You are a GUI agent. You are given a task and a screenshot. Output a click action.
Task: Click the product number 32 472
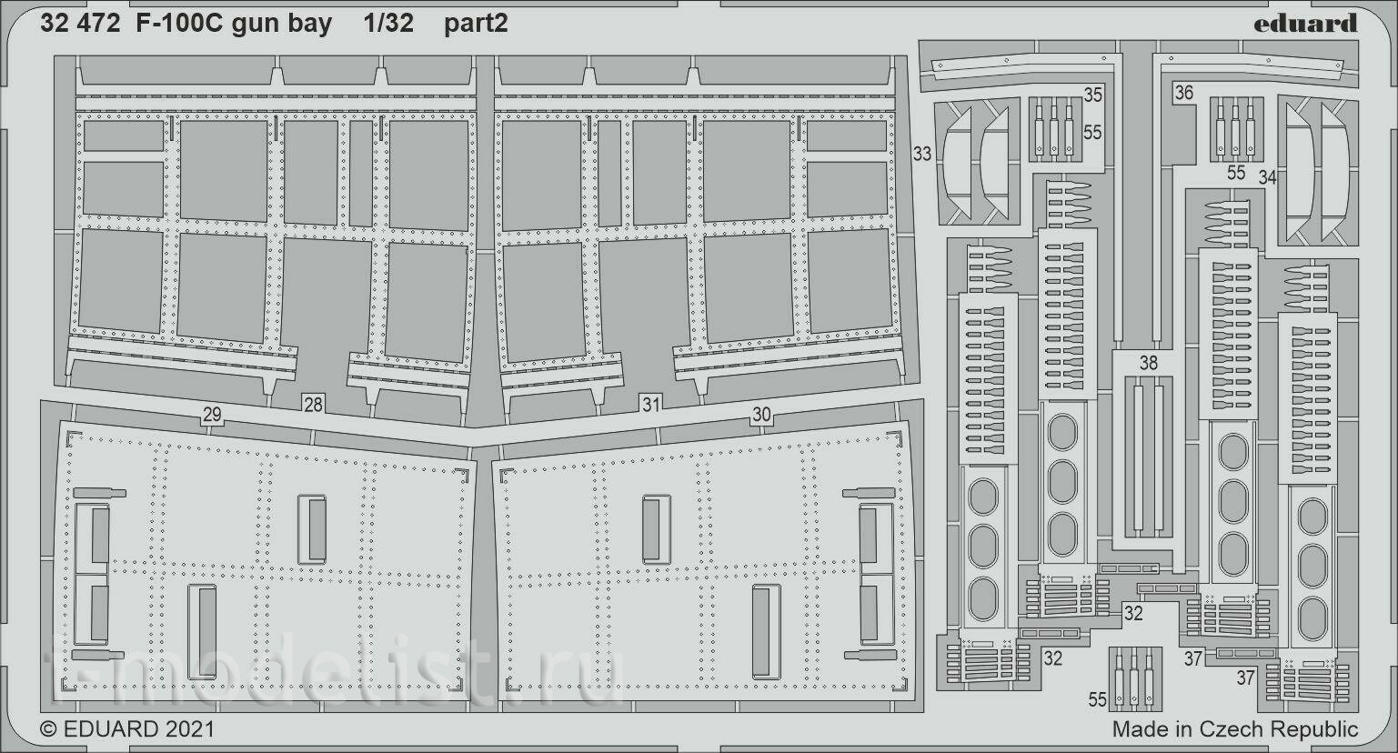pos(80,24)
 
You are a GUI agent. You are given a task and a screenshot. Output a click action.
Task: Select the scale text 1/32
pos(388,24)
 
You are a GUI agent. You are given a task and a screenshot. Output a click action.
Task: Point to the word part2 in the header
pos(476,25)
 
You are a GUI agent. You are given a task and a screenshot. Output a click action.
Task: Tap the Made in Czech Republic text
pos(1235,728)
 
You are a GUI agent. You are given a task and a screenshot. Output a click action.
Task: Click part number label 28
pos(313,405)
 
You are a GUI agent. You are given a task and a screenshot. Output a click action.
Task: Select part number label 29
pos(212,415)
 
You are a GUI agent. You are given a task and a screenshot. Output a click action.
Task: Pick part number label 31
pos(651,405)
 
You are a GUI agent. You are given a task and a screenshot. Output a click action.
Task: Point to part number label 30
pos(761,415)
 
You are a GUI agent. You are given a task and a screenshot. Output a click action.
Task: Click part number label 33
pos(921,154)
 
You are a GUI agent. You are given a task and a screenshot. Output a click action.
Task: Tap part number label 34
pos(1267,178)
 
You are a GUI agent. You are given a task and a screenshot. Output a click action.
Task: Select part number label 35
pos(1092,95)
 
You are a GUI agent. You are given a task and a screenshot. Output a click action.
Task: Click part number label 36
pos(1184,93)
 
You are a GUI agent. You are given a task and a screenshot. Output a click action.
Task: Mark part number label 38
pos(1149,363)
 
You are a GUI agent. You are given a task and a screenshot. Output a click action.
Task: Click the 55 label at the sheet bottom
pos(1097,700)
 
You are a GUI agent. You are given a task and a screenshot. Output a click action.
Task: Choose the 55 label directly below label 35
pos(1092,132)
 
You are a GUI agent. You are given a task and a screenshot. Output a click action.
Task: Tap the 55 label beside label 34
pos(1236,173)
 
